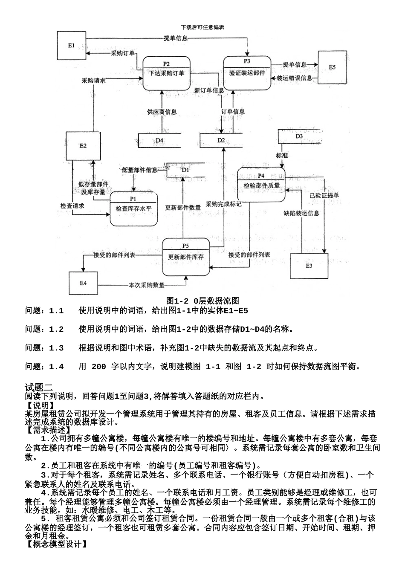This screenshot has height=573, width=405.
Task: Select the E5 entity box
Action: (x=332, y=67)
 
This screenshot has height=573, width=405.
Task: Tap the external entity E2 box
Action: (x=83, y=146)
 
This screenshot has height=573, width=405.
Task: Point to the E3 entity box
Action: (x=309, y=266)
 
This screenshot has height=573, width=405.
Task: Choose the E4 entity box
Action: (x=83, y=283)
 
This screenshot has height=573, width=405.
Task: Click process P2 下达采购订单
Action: (x=166, y=73)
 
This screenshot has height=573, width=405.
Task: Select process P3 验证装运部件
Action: (x=247, y=72)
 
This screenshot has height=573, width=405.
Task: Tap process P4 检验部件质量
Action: (x=261, y=185)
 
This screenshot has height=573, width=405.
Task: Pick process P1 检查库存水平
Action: (x=133, y=208)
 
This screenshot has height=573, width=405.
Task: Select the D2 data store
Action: (x=221, y=140)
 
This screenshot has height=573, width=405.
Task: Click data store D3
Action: (x=299, y=136)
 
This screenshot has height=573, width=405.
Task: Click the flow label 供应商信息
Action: (x=162, y=112)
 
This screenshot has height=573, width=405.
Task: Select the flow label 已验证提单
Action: (x=324, y=195)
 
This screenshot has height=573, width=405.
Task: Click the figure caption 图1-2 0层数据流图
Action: (x=202, y=301)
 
